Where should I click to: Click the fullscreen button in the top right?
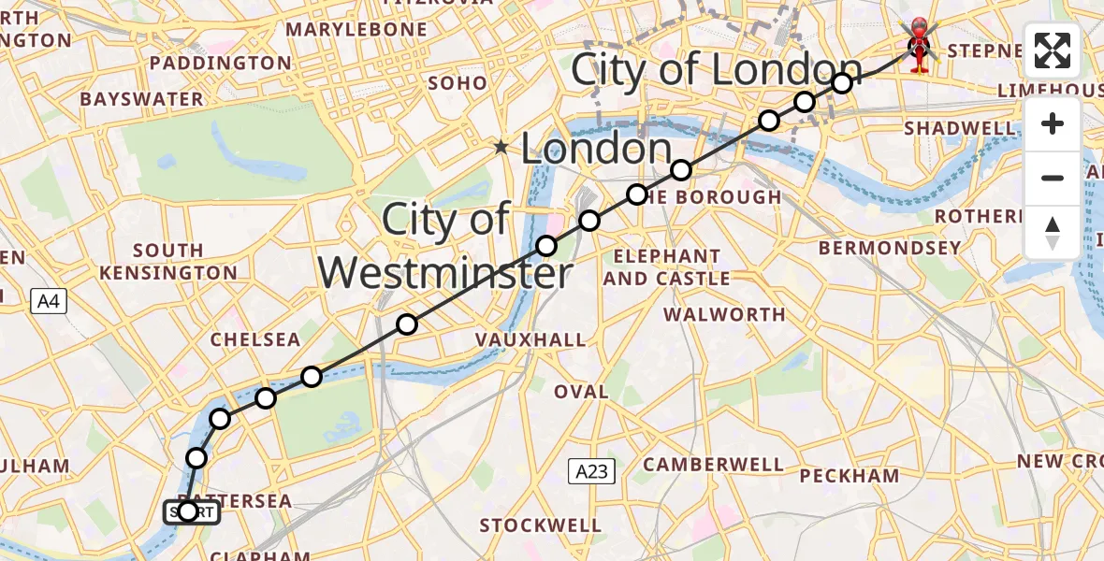click(1053, 50)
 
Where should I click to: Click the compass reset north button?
click(1053, 233)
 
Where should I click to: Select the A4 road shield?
click(49, 301)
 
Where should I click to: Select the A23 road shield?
click(591, 471)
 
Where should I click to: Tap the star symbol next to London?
click(502, 147)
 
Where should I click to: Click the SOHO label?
click(458, 83)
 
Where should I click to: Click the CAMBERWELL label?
click(713, 464)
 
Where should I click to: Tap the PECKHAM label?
click(850, 475)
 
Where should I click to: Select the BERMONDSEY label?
click(890, 248)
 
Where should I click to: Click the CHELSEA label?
click(255, 339)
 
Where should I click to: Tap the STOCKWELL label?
click(538, 525)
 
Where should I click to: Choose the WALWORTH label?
click(724, 314)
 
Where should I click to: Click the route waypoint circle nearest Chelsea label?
click(312, 377)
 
